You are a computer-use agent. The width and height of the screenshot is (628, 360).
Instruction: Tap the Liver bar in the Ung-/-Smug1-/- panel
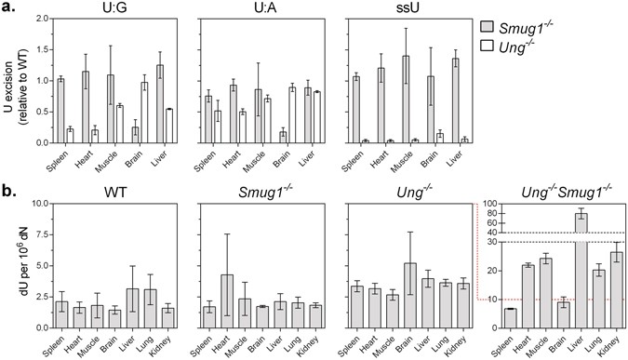click(x=555, y=271)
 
